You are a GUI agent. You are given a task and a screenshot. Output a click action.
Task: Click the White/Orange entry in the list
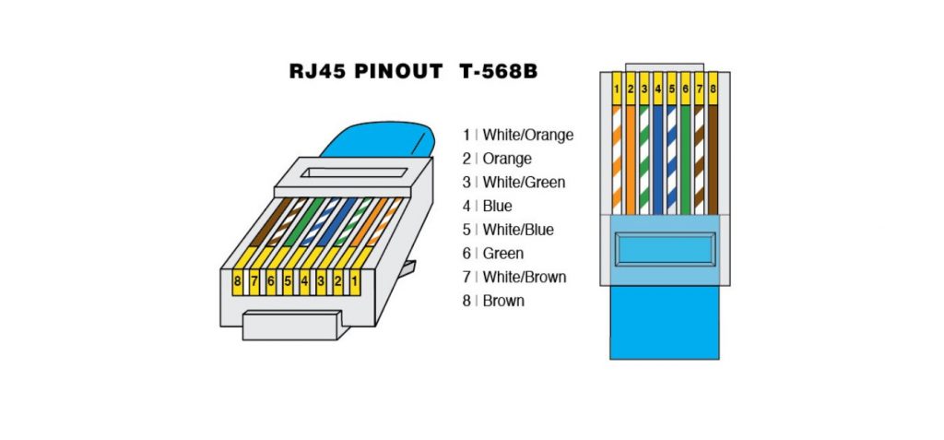pyautogui.click(x=527, y=135)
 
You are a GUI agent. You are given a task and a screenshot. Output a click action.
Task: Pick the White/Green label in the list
pyautogui.click(x=524, y=182)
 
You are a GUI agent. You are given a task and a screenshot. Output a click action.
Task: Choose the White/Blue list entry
pyautogui.click(x=518, y=230)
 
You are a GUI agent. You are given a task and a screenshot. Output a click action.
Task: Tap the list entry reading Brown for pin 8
pyautogui.click(x=503, y=301)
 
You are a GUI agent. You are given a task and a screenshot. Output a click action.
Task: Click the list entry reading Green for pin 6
pyautogui.click(x=502, y=253)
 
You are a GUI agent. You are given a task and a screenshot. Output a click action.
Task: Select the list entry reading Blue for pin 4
pyautogui.click(x=497, y=206)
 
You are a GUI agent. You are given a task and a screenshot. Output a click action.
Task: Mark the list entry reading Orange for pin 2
pyautogui.click(x=507, y=159)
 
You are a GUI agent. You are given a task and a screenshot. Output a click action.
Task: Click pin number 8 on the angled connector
pyautogui.click(x=238, y=279)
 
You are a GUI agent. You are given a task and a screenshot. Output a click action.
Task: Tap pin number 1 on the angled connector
pyautogui.click(x=353, y=278)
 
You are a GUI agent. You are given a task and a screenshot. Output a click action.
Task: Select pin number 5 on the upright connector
pyautogui.click(x=672, y=89)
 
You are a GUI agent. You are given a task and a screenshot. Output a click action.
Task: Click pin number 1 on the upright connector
pyautogui.click(x=616, y=89)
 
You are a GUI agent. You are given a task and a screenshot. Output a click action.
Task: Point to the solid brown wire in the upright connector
pyautogui.click(x=713, y=157)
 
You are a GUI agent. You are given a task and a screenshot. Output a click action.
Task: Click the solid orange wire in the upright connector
pyautogui.click(x=631, y=157)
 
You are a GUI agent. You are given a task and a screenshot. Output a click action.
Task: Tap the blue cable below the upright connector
pyautogui.click(x=665, y=323)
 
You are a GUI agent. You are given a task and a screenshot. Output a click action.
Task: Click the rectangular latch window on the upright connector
pyautogui.click(x=664, y=249)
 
